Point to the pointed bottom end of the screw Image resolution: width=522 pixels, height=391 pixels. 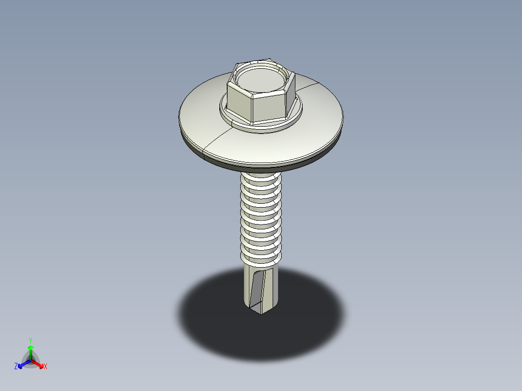[x=261, y=313]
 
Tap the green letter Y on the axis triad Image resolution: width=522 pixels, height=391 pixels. [x=30, y=340]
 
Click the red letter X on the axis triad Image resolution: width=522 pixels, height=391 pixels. [x=46, y=367]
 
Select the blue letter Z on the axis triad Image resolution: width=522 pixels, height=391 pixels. [x=16, y=367]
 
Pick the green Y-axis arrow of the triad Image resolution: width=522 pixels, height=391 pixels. [x=31, y=350]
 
